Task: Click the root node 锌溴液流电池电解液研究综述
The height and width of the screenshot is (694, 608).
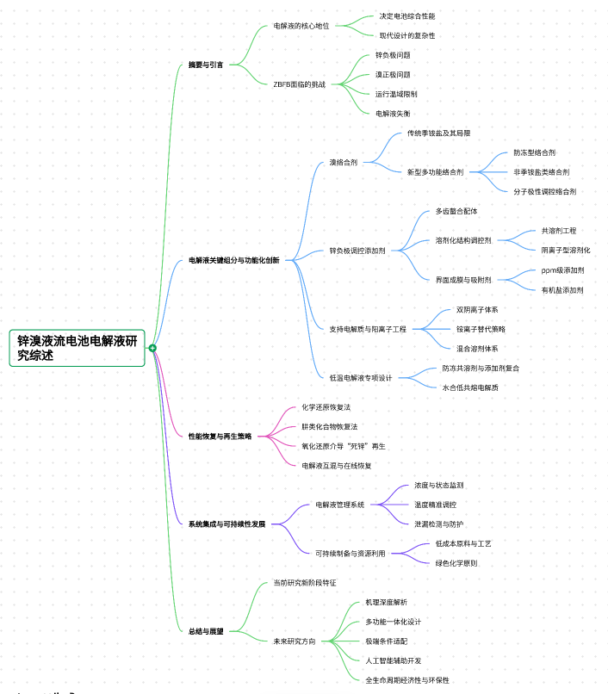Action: pyautogui.click(x=77, y=348)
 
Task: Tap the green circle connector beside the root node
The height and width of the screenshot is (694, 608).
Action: pyautogui.click(x=152, y=348)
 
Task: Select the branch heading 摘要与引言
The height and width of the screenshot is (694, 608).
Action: pyautogui.click(x=206, y=65)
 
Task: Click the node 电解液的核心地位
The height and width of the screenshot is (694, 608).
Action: pyautogui.click(x=301, y=26)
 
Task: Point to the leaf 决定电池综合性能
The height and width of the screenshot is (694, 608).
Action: pyautogui.click(x=407, y=16)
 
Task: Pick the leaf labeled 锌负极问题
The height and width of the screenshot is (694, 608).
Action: pyautogui.click(x=393, y=55)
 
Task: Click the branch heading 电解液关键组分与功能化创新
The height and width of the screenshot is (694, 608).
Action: pyautogui.click(x=234, y=260)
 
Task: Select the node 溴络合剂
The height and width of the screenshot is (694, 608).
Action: pyautogui.click(x=343, y=162)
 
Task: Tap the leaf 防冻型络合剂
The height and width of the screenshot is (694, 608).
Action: pyautogui.click(x=535, y=152)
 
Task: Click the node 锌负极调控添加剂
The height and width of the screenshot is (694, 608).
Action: pyautogui.click(x=357, y=251)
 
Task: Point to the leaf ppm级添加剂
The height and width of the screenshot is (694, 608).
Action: pyautogui.click(x=562, y=270)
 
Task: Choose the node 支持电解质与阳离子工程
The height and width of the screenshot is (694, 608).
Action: pyautogui.click(x=368, y=329)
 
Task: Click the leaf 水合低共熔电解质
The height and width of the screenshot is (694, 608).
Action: pyautogui.click(x=470, y=387)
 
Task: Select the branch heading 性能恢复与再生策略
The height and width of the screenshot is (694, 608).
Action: pyautogui.click(x=220, y=437)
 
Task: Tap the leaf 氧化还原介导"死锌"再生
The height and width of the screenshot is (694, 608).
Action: pyautogui.click(x=344, y=446)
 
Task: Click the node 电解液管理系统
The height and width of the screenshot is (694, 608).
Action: pyautogui.click(x=340, y=505)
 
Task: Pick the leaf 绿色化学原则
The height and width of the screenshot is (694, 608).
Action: pyautogui.click(x=456, y=563)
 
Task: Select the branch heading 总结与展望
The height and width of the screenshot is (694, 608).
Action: pyautogui.click(x=206, y=631)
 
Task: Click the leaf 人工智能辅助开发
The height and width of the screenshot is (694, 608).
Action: pyautogui.click(x=394, y=660)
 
